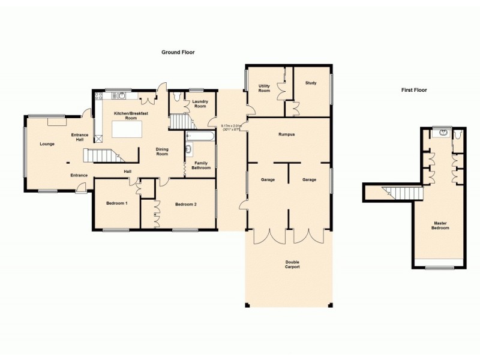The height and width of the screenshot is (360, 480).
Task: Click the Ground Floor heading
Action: pyautogui.click(x=178, y=52)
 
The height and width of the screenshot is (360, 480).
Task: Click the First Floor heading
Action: pyautogui.click(x=414, y=90)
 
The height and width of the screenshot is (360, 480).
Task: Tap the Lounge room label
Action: pyautogui.click(x=47, y=144)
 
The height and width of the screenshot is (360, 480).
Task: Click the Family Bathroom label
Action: pyautogui.click(x=201, y=165)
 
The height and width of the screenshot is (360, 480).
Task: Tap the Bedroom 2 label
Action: pyautogui.click(x=186, y=204)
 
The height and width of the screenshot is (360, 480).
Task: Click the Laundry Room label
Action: pyautogui.click(x=200, y=104)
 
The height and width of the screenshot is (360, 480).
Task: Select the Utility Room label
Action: pyautogui.click(x=264, y=89)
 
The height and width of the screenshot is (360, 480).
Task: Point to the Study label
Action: pyautogui.click(x=310, y=83)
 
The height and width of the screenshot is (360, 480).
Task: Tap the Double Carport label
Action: pyautogui.click(x=292, y=265)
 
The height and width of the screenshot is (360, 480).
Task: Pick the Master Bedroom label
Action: pyautogui.click(x=441, y=226)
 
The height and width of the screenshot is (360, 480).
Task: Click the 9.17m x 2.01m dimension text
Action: pyautogui.click(x=231, y=127)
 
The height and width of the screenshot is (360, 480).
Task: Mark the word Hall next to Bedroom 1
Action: pyautogui.click(x=128, y=172)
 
